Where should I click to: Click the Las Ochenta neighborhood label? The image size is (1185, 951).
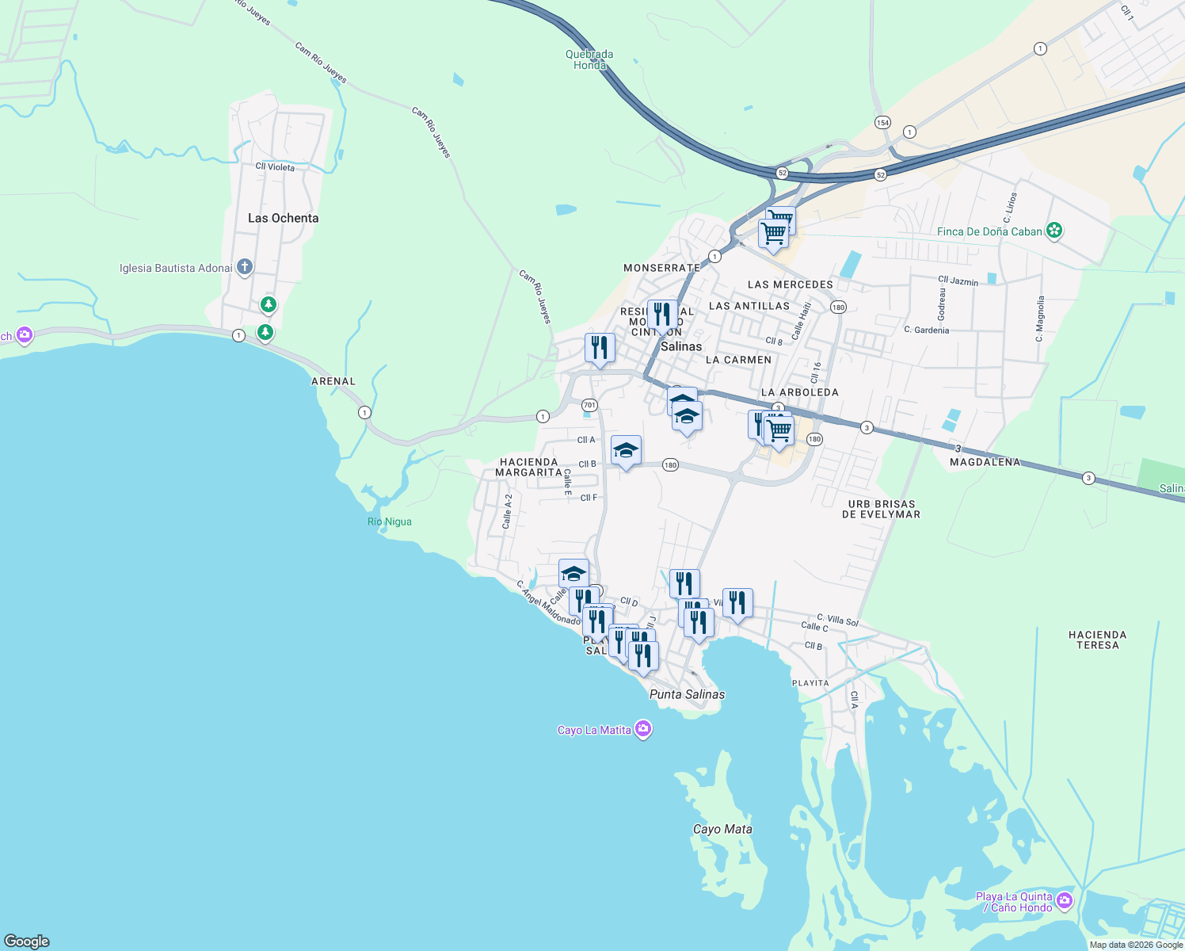click(283, 218)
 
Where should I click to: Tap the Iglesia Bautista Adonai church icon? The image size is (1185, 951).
click(245, 267)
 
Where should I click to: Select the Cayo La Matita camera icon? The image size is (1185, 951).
click(643, 729)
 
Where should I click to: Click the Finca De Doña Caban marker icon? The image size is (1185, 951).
click(1054, 231)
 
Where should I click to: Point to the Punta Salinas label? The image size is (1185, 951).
click(687, 694)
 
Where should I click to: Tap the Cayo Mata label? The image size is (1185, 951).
click(722, 829)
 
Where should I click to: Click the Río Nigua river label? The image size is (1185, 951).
click(390, 521)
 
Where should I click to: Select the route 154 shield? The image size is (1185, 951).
click(882, 122)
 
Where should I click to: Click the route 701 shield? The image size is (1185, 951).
click(589, 405)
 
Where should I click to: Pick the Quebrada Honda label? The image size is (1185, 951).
click(589, 59)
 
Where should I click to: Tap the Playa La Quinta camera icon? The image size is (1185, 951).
click(1065, 900)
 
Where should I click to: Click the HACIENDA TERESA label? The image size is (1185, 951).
click(1097, 640)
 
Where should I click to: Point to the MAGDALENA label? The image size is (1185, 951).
click(985, 462)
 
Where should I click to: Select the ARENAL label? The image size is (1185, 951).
click(333, 381)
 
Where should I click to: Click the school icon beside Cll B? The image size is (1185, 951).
click(626, 451)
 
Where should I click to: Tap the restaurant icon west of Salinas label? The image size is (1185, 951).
click(600, 348)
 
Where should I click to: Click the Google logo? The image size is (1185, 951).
click(27, 941)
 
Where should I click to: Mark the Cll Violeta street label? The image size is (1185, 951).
click(275, 167)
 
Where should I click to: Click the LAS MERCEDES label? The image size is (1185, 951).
click(791, 285)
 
